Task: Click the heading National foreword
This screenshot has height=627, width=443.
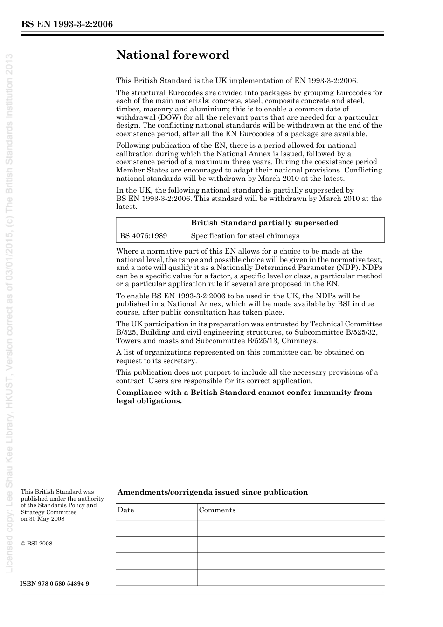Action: point(173,55)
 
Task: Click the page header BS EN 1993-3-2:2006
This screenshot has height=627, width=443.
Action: point(67,24)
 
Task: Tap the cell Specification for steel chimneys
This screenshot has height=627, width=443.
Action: point(245,236)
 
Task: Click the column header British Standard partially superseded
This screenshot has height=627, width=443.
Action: point(264,223)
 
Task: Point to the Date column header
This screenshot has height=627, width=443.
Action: point(126,510)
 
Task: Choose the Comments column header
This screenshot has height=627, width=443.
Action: point(217,510)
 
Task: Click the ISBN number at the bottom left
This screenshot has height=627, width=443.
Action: point(55,584)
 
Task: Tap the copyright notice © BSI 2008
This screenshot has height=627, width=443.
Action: point(36,543)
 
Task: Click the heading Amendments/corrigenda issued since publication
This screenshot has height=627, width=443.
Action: point(212,492)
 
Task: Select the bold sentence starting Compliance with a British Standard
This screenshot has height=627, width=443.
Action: point(244,397)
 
